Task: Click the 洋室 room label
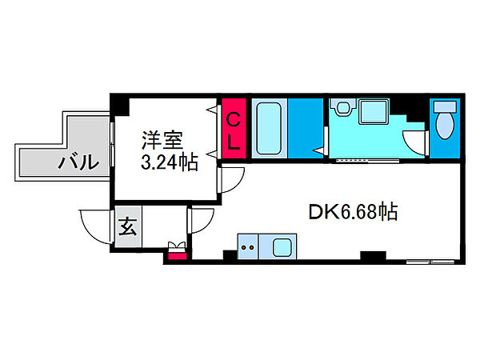[162, 140]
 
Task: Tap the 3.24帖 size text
[170, 162]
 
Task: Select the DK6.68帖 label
[353, 212]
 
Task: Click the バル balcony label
[79, 162]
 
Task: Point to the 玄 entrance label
[128, 226]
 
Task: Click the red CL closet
[234, 129]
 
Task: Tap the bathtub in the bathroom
[269, 129]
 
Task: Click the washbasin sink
[343, 107]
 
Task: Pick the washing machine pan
[373, 111]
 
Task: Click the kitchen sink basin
[282, 247]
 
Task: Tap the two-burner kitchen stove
[248, 246]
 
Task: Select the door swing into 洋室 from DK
[231, 180]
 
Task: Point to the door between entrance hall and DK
[201, 221]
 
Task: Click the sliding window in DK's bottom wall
[430, 262]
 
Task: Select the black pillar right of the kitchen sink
[373, 255]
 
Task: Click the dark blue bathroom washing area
[306, 129]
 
